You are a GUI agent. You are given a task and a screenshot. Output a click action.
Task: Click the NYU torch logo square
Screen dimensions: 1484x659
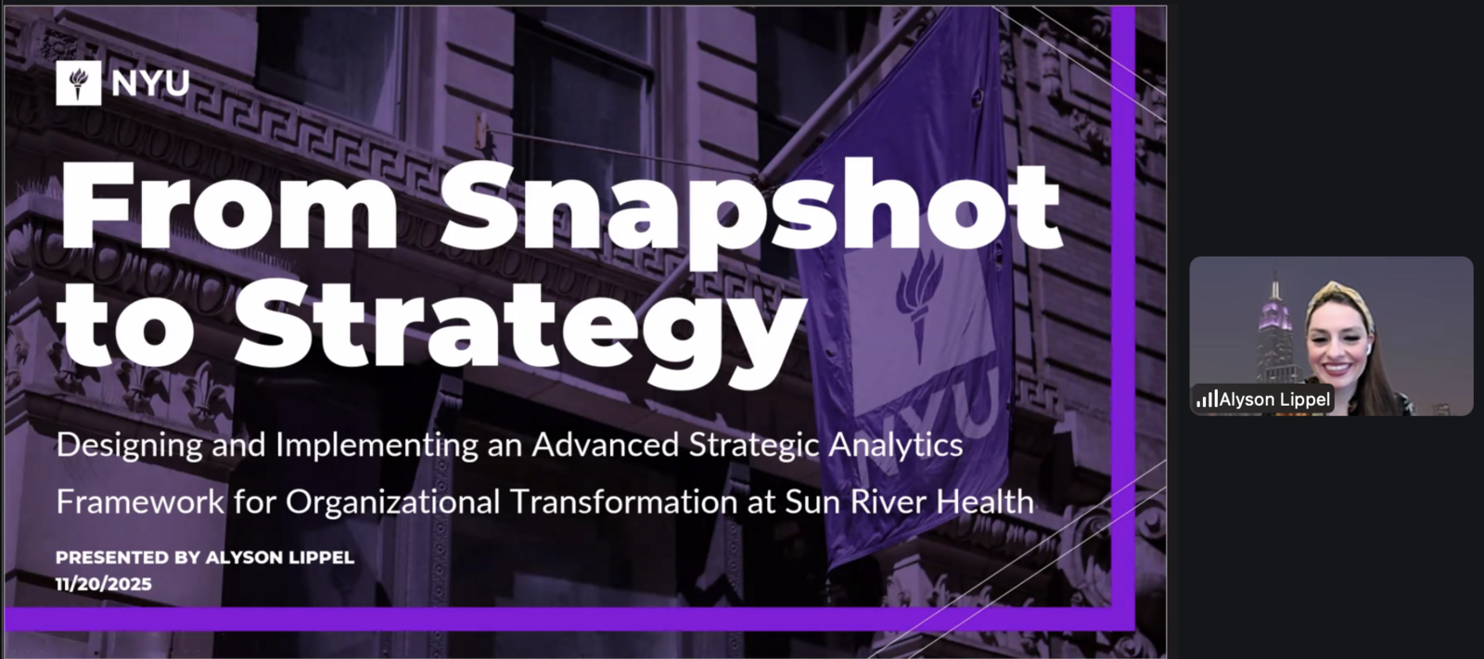click(x=79, y=83)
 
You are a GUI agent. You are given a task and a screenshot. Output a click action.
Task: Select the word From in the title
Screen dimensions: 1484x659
click(x=228, y=205)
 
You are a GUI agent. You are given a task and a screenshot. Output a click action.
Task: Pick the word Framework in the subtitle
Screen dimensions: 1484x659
click(x=140, y=502)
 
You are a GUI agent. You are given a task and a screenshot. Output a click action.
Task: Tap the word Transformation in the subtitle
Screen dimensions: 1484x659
click(x=623, y=502)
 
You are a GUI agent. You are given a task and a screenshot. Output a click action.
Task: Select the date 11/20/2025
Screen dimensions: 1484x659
click(x=104, y=584)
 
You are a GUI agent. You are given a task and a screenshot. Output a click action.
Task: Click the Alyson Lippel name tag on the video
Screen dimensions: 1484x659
click(x=1263, y=399)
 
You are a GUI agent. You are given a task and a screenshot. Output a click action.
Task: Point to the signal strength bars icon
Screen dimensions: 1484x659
click(x=1207, y=399)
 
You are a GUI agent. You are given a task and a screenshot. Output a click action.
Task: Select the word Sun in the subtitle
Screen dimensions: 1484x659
click(x=812, y=502)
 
